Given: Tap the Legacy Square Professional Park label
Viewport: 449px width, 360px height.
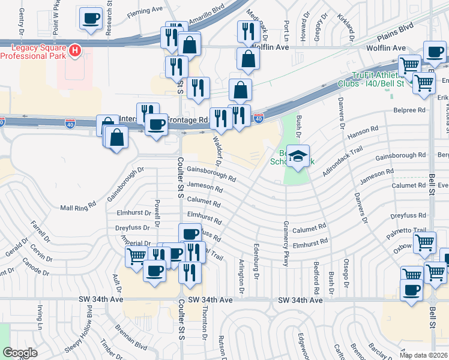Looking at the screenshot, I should pos(33,51).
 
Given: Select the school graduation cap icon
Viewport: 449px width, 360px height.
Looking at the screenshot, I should pos(298,156).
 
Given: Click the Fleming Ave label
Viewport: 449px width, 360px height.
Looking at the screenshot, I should pos(144,10).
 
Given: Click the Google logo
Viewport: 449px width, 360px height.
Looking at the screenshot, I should pos(20,353).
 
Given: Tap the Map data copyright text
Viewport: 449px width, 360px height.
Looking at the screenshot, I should pos(424,355).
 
